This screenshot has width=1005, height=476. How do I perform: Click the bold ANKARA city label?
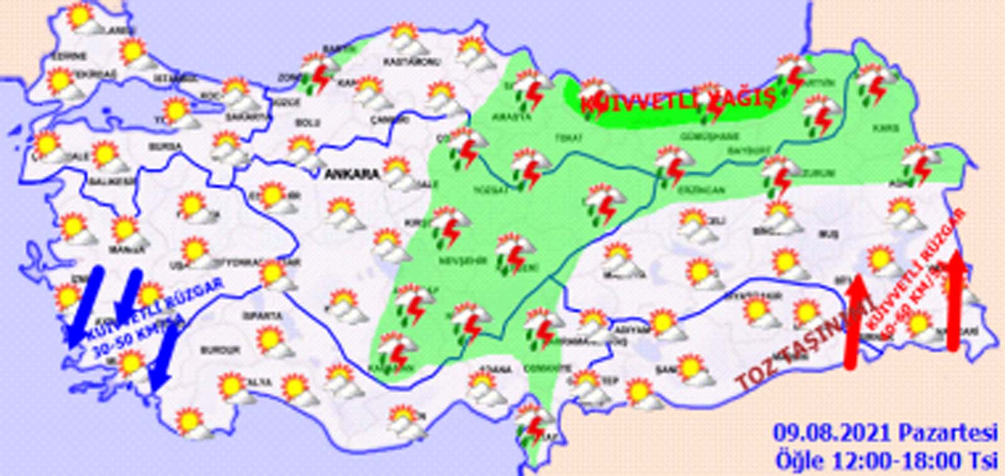coord(351,175)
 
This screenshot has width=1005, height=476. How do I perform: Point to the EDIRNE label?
coord(68,57)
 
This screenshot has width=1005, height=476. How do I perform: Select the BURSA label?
coord(166,147)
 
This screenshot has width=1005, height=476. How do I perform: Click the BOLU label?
coord(307,123)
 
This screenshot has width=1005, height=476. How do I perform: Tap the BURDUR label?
coord(220,350)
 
